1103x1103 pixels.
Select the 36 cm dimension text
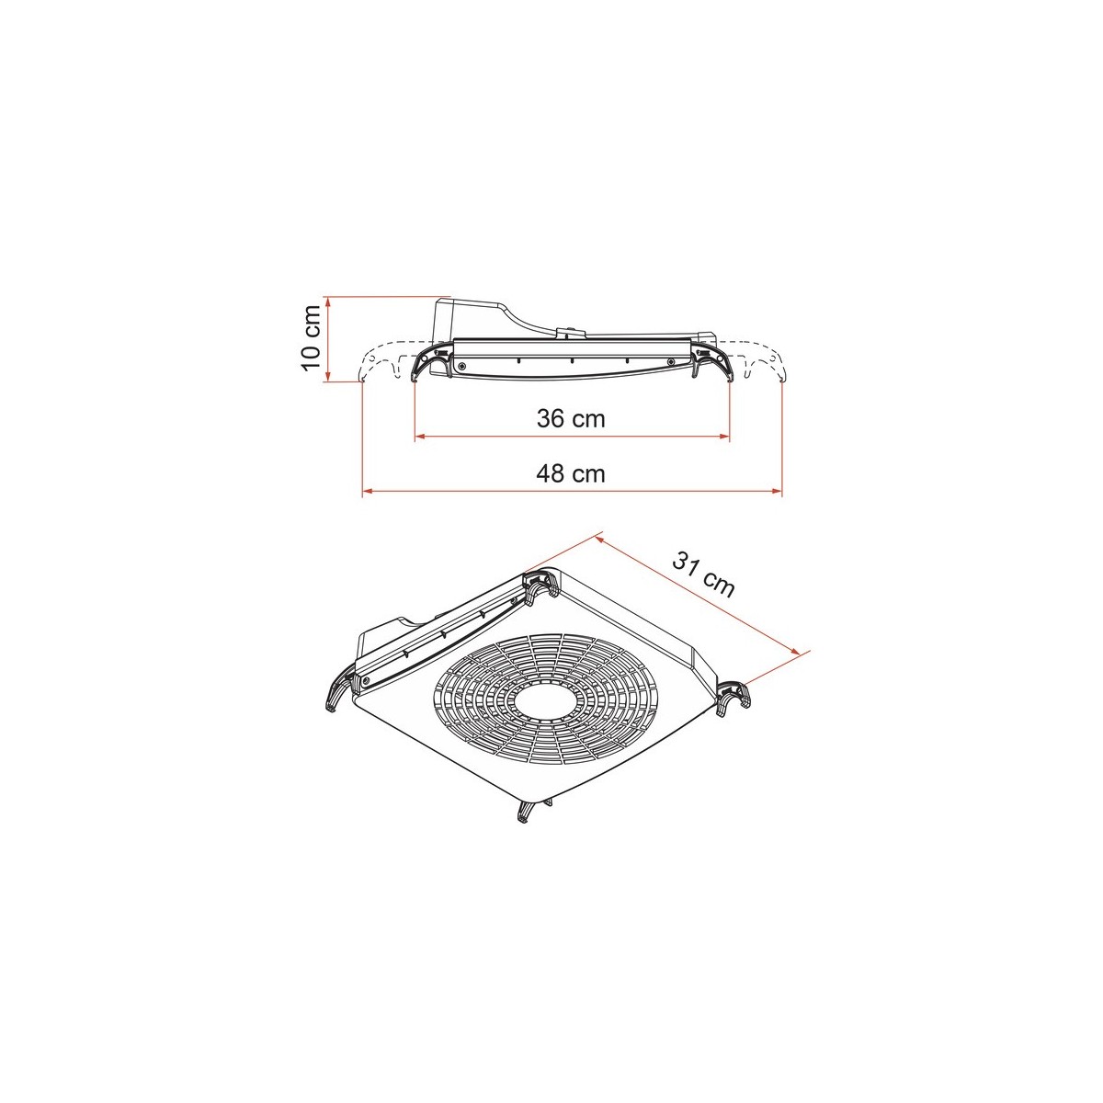coord(571,419)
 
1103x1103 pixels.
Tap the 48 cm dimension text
coord(571,474)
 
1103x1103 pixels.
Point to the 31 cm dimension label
coord(703,574)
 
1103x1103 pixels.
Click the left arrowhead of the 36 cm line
coord(420,436)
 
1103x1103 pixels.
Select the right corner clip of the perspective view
coord(733,700)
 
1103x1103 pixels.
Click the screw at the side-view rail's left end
coord(461,366)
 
